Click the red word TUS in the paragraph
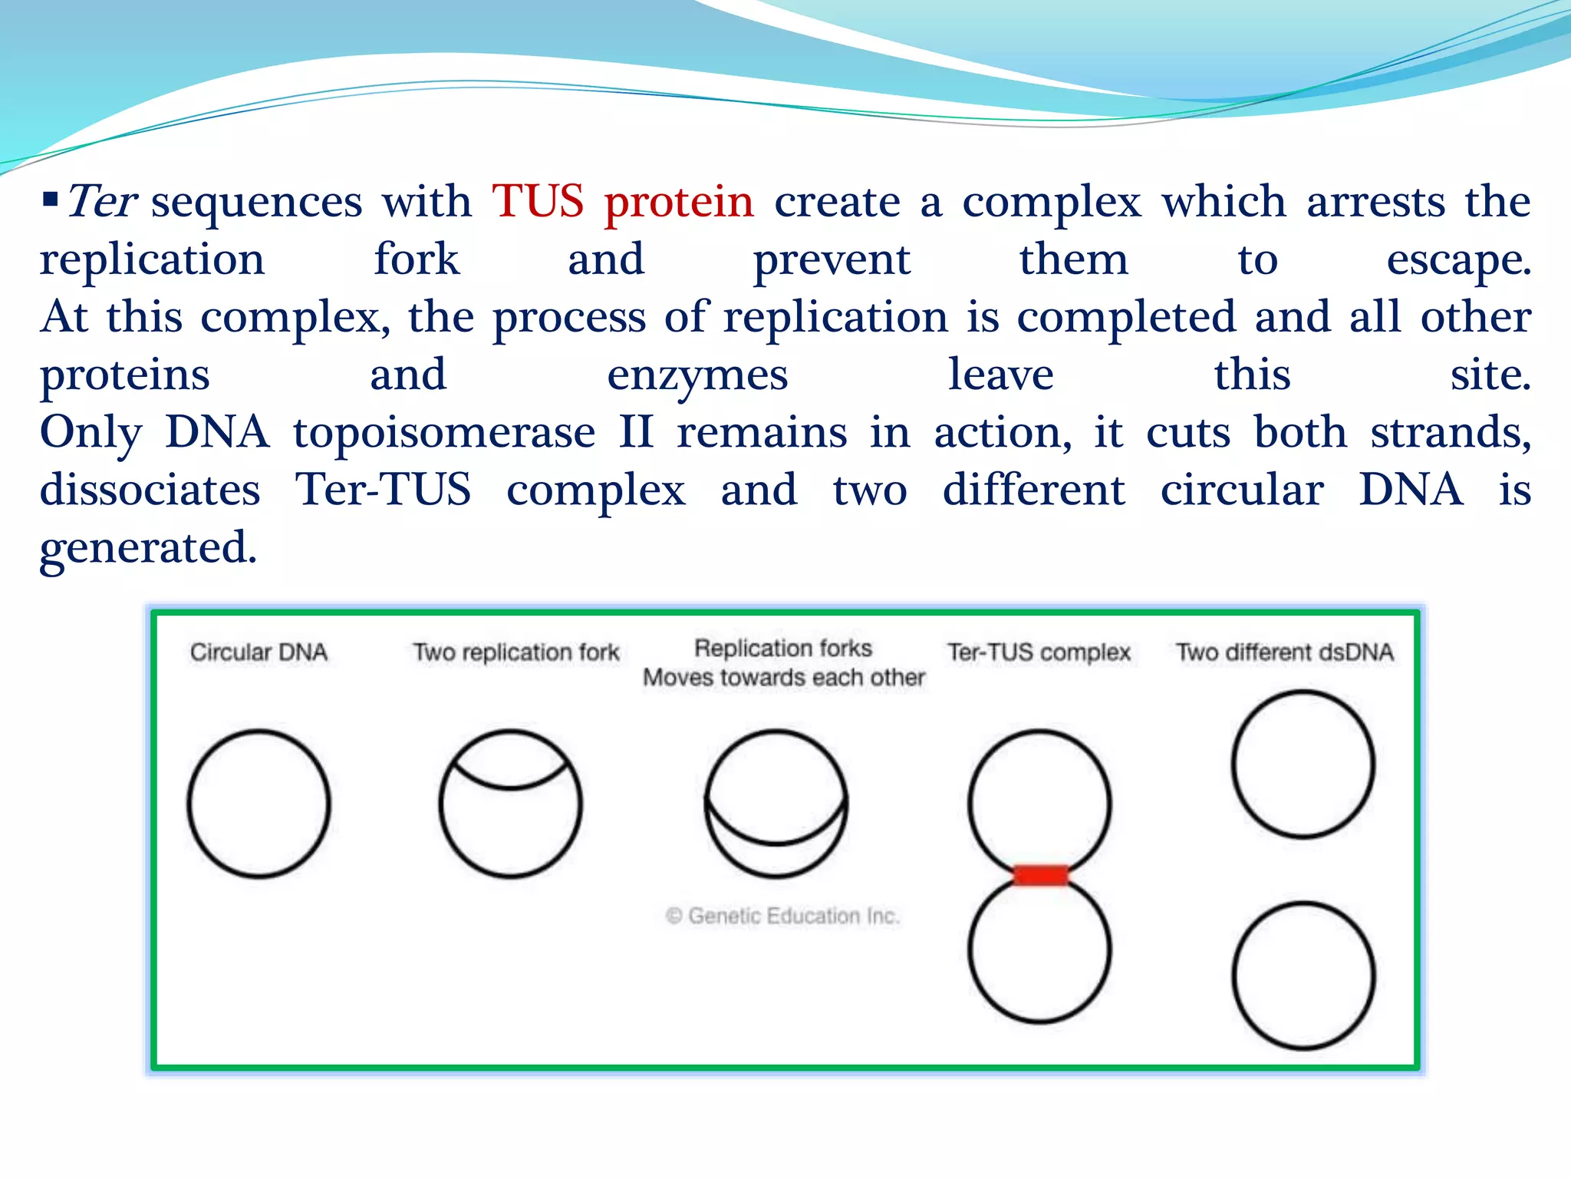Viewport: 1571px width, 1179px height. click(x=538, y=202)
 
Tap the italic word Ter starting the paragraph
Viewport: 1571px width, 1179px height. click(x=102, y=202)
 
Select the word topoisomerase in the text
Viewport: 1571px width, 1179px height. click(x=444, y=433)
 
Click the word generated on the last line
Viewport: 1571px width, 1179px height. click(x=148, y=548)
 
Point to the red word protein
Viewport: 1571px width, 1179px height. click(x=679, y=202)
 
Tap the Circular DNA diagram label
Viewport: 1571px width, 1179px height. click(x=259, y=652)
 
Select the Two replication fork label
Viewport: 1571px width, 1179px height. click(x=516, y=652)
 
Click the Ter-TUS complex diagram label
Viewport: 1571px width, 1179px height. click(x=1039, y=652)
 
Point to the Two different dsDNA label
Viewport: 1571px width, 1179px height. click(x=1285, y=652)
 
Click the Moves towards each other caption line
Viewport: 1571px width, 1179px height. click(x=784, y=678)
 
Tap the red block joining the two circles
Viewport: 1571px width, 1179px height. click(x=1040, y=875)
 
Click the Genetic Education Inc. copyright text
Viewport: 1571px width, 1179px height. click(x=782, y=916)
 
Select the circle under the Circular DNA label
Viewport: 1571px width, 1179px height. click(x=259, y=804)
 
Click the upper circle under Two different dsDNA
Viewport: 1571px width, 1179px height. click(x=1303, y=765)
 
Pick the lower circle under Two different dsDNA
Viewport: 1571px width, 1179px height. click(x=1303, y=976)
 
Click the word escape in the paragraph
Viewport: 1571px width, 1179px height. click(x=1458, y=260)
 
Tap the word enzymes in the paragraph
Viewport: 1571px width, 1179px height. click(x=697, y=375)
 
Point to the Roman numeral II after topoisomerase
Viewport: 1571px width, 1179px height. click(x=637, y=433)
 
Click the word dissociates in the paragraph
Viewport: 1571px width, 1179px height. click(x=150, y=490)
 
